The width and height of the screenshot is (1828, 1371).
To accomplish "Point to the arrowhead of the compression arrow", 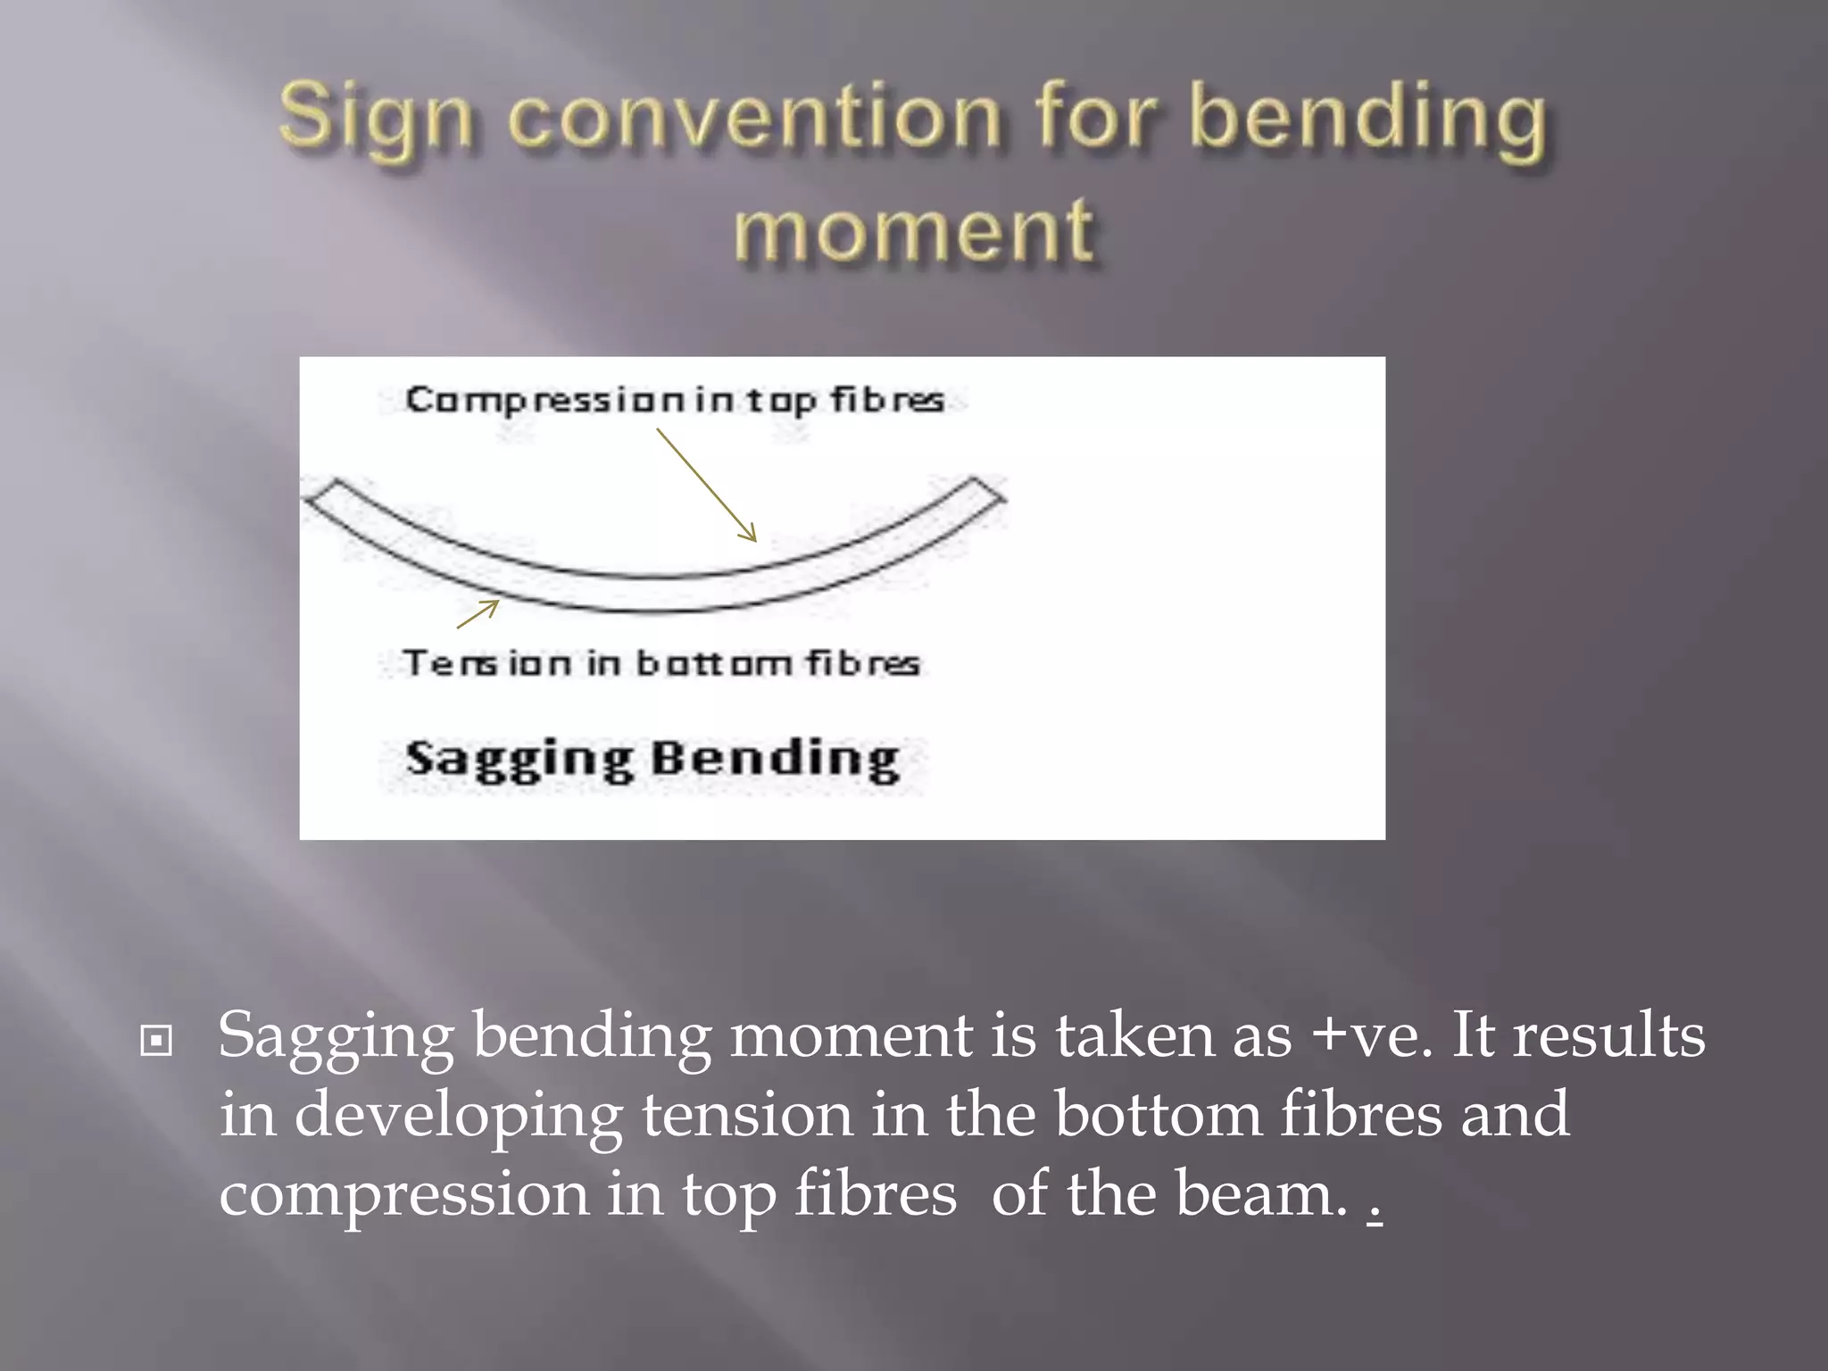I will point(751,536).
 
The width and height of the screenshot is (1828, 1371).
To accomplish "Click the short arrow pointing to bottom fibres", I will point(479,613).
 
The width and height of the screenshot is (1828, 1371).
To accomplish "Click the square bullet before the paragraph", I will point(156,1041).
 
